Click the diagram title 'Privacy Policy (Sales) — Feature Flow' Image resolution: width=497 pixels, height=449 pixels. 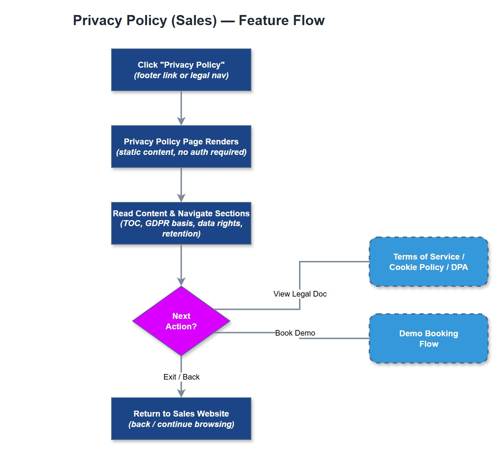(x=199, y=21)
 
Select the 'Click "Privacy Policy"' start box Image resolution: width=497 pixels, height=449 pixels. (x=181, y=70)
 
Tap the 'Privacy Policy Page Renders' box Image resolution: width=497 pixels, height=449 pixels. (x=181, y=147)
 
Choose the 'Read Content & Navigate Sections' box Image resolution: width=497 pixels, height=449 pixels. (x=181, y=223)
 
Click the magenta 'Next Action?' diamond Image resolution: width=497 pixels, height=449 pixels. (x=181, y=321)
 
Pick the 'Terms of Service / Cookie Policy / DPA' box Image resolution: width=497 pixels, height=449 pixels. (x=428, y=262)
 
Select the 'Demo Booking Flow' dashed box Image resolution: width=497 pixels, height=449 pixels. (x=428, y=338)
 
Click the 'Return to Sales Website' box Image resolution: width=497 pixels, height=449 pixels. (x=181, y=419)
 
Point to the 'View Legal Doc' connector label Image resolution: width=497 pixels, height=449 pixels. (x=300, y=294)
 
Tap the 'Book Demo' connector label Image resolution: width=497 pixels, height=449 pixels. (x=295, y=333)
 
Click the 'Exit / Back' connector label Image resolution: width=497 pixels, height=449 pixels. (x=181, y=377)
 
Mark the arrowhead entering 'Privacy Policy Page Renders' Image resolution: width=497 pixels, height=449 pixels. (x=181, y=121)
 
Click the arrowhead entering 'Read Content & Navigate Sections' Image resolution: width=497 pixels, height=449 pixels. (x=181, y=198)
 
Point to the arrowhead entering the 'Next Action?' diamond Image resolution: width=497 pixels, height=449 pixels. (x=181, y=282)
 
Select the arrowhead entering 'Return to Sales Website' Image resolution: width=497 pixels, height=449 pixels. (x=181, y=393)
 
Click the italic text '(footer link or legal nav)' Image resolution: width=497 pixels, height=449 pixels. (x=181, y=76)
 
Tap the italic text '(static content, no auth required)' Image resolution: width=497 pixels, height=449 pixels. (x=181, y=152)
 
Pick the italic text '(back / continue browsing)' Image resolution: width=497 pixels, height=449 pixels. (x=181, y=425)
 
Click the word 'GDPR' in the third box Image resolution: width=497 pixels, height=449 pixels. (x=157, y=224)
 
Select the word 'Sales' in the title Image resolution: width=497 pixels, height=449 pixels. (x=194, y=21)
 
